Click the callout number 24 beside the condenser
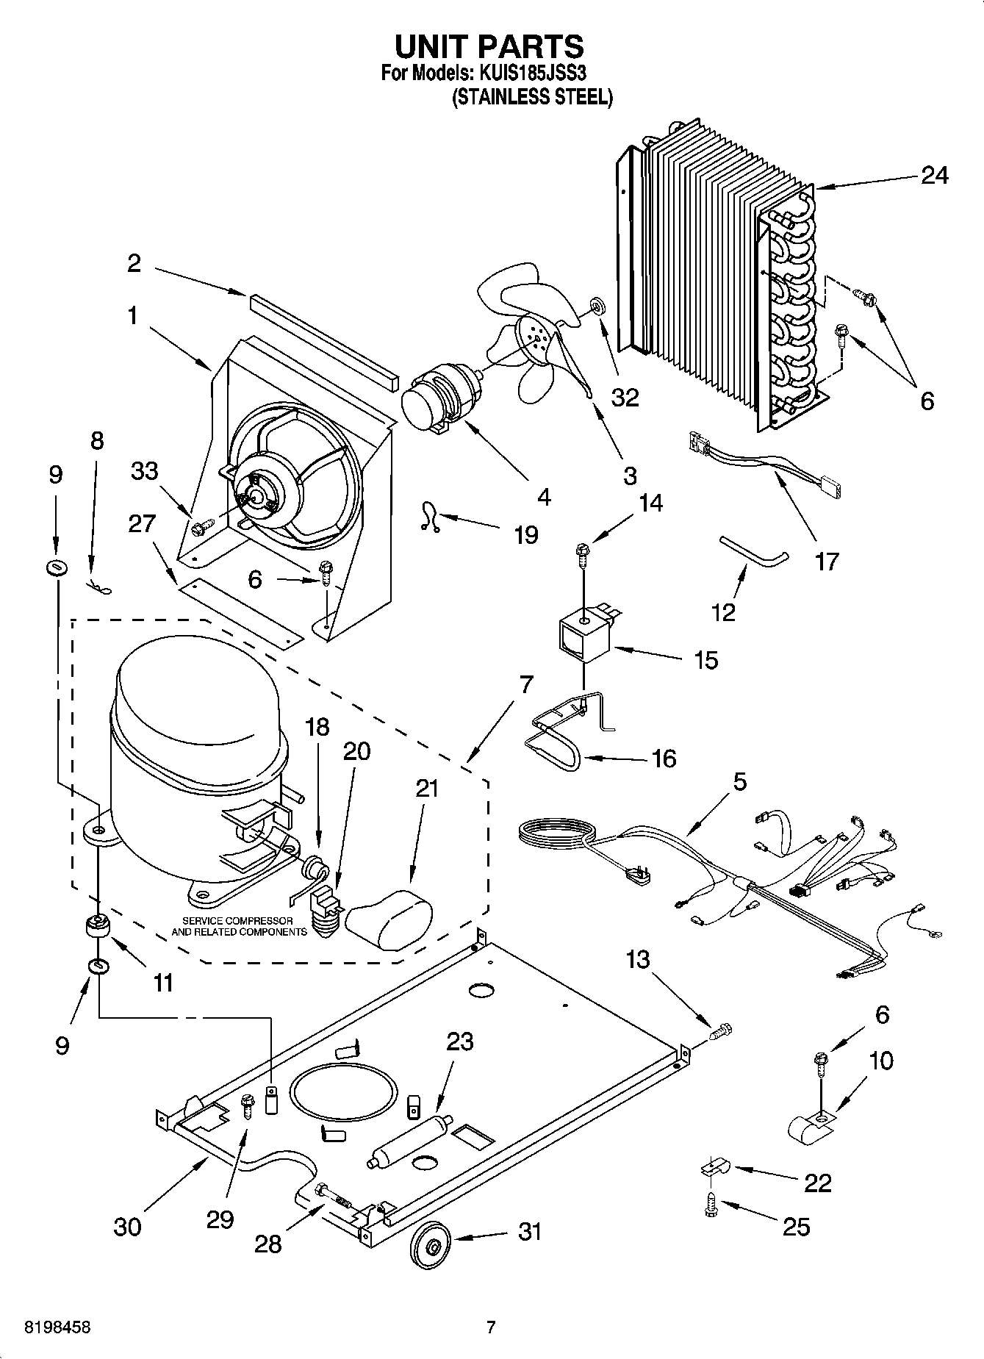934,176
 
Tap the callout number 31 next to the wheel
530,1231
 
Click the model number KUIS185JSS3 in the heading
534,73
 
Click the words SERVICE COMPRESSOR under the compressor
237,921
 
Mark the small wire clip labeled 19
428,515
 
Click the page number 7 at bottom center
491,1327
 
